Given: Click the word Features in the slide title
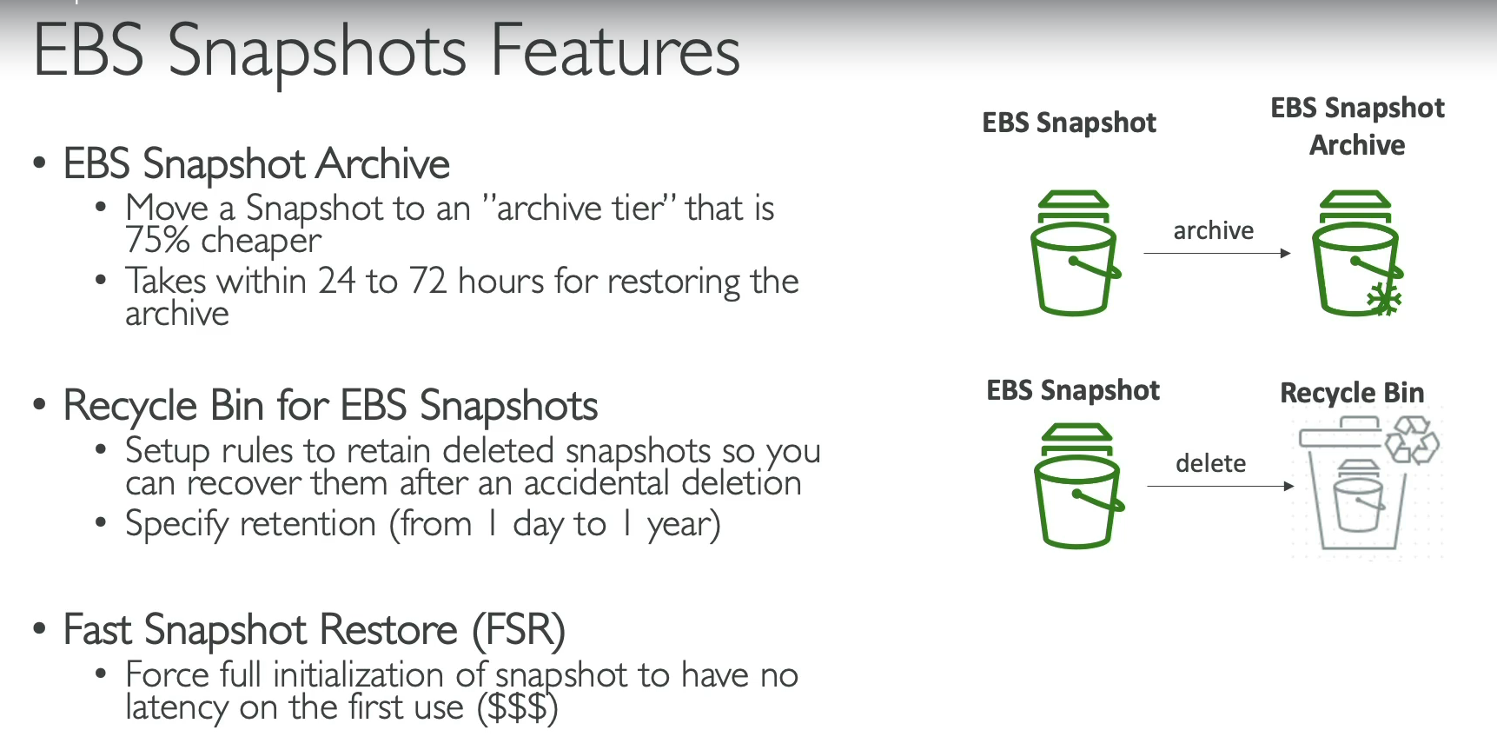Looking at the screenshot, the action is [x=615, y=50].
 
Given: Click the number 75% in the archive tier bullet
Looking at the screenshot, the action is [x=157, y=240].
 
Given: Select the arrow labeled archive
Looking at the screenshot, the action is [x=1217, y=253].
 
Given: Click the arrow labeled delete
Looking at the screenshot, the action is [x=1221, y=486].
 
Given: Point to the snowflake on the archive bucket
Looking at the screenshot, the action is [x=1384, y=299].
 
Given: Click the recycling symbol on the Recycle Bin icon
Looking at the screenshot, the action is [x=1412, y=440].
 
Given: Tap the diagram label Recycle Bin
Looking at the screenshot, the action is [x=1352, y=393].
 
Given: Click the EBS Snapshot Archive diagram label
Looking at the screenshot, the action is [x=1357, y=126].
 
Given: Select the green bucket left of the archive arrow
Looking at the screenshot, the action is [x=1075, y=252].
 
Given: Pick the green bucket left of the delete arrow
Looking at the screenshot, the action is [x=1078, y=486].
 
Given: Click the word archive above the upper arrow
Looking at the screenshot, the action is [x=1214, y=230].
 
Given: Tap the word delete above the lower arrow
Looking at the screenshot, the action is [x=1210, y=463].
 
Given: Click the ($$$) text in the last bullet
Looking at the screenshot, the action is [x=517, y=707].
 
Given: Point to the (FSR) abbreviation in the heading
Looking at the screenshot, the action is [x=519, y=630].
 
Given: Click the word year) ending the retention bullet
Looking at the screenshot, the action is [x=684, y=525].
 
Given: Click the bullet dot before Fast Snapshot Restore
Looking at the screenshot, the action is [x=39, y=628].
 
